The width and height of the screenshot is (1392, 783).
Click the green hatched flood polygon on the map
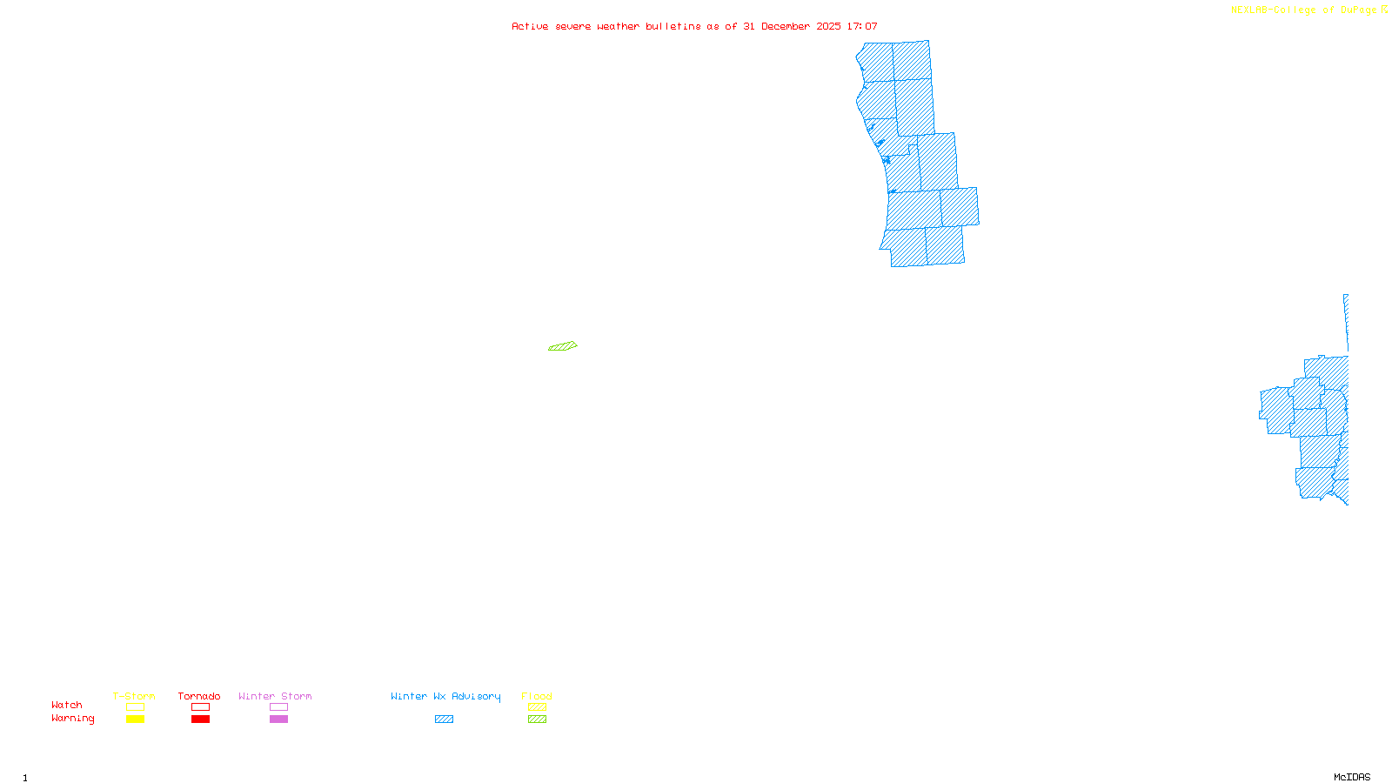coord(563,346)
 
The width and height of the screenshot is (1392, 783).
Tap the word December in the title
coord(786,26)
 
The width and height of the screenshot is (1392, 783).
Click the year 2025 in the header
coord(829,26)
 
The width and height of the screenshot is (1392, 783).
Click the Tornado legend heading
coord(199,696)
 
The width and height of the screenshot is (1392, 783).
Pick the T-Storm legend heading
coord(134,696)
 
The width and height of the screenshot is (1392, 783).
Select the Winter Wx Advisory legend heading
coord(445,696)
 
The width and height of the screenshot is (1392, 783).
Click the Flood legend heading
coord(537,696)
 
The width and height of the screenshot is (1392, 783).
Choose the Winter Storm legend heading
coord(275,696)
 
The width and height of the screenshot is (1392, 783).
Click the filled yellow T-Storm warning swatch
coord(135,719)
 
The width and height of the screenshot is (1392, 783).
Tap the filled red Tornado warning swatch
coord(201,719)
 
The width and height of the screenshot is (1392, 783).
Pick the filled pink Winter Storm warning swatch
coord(278,719)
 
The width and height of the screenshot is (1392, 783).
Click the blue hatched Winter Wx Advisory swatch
coord(444,719)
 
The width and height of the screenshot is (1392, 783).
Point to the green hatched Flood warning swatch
coord(538,719)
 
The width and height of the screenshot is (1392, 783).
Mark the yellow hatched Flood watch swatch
coord(538,707)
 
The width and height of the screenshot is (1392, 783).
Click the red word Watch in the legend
coord(67,705)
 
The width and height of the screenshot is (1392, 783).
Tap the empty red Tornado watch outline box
coord(201,707)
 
